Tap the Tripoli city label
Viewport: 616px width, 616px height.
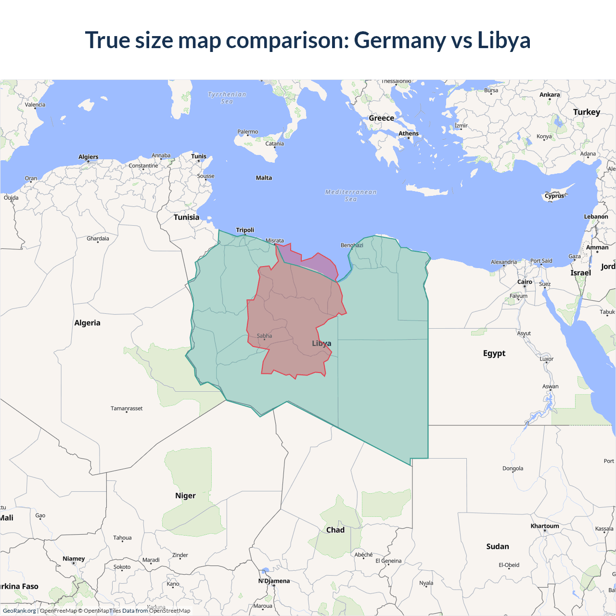click(x=245, y=230)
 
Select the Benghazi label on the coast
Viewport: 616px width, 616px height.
click(x=352, y=245)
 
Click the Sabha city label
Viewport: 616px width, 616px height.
click(x=264, y=336)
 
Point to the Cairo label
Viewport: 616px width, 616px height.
click(x=525, y=282)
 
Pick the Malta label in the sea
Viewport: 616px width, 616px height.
click(x=264, y=178)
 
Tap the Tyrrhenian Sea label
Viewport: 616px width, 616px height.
click(x=227, y=98)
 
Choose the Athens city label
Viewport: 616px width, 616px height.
click(x=409, y=134)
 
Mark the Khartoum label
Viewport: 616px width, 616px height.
click(x=545, y=526)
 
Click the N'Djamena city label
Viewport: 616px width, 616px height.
click(x=274, y=581)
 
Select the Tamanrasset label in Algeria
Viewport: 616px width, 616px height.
click(x=127, y=409)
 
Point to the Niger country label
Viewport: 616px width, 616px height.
click(x=185, y=496)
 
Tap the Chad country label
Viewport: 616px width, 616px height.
click(x=335, y=530)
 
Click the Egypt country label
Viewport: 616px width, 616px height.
click(x=494, y=353)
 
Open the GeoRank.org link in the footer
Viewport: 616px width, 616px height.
click(x=19, y=611)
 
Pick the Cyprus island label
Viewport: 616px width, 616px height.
click(x=554, y=196)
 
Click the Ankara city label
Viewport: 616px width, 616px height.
click(x=550, y=95)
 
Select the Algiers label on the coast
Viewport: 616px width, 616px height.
click(x=89, y=157)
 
